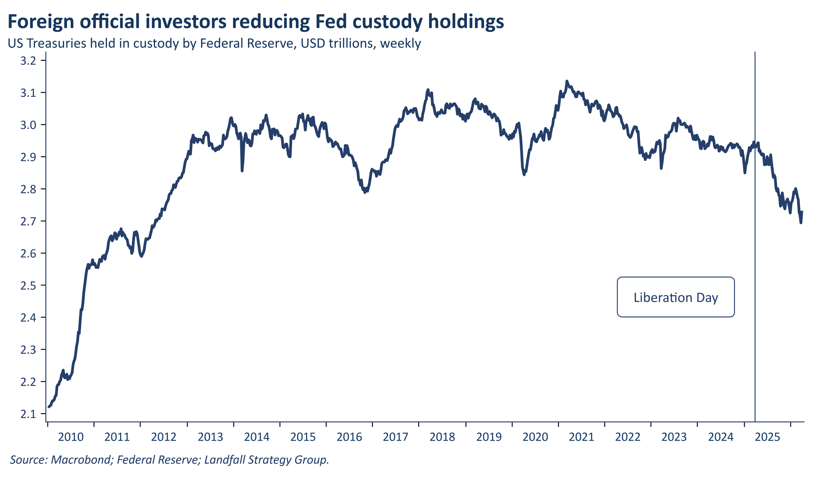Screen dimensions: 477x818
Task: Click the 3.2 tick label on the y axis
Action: click(28, 61)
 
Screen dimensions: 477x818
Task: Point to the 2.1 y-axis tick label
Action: click(28, 414)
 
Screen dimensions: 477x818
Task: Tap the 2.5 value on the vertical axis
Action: click(28, 286)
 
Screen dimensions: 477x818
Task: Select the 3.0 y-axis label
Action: click(28, 125)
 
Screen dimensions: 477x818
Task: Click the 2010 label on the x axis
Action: click(71, 437)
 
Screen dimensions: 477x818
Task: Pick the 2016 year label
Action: click(349, 437)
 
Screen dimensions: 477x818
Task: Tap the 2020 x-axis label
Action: click(535, 437)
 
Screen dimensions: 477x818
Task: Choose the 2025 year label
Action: click(767, 437)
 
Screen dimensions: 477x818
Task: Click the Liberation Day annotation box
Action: click(676, 297)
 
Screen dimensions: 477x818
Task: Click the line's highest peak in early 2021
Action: click(567, 81)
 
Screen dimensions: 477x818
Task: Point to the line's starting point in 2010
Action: click(48, 407)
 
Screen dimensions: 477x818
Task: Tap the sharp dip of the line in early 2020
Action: click(524, 174)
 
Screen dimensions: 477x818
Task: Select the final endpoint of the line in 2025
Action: click(802, 212)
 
